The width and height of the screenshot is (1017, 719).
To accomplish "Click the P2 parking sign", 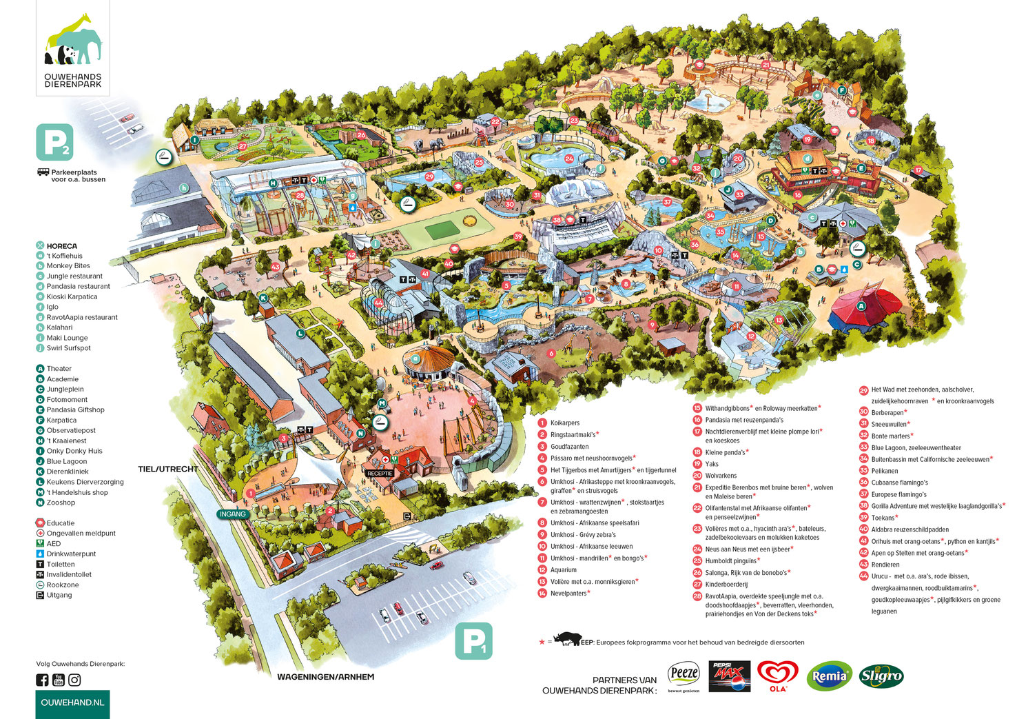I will click(54, 143).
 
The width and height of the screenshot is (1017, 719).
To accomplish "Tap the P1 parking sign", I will click(473, 641).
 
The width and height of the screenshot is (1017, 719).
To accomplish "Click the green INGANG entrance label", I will click(232, 514).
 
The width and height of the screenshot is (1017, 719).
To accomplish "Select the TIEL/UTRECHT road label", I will click(168, 469).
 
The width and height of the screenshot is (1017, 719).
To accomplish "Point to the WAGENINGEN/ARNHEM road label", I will click(325, 677).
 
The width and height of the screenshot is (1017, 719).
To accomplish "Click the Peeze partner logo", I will click(684, 676).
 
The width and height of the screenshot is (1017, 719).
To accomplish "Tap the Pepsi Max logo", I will click(729, 676).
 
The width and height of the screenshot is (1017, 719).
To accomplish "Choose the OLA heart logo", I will click(778, 676).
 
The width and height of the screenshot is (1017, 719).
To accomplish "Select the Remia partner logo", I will click(830, 676).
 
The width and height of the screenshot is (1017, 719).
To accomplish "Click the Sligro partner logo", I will click(881, 676).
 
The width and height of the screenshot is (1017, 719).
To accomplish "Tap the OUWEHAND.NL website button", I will click(72, 702).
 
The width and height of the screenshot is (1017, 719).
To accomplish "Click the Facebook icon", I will click(42, 680).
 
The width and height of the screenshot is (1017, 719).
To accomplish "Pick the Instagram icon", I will click(74, 680).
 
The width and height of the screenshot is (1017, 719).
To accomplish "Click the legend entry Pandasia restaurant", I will click(78, 286).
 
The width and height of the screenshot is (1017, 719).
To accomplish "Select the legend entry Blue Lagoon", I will click(67, 461).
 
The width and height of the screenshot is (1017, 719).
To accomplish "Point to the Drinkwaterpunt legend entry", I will click(71, 554).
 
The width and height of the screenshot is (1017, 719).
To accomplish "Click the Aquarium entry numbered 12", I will click(563, 570).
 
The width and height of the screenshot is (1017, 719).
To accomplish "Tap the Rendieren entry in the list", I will click(885, 565).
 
